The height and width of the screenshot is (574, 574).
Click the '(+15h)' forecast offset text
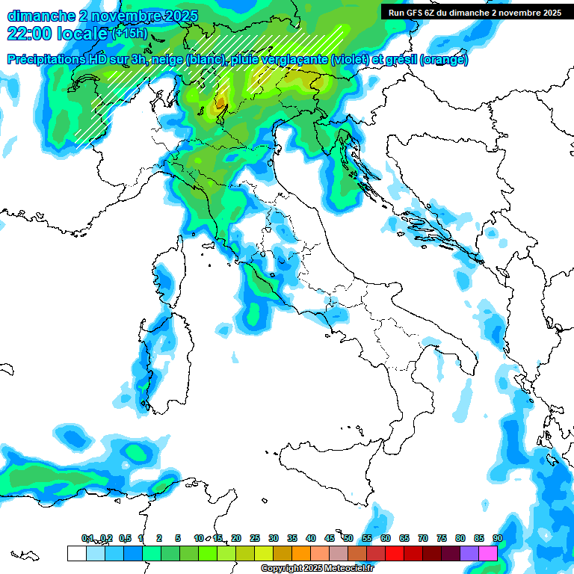[129, 32]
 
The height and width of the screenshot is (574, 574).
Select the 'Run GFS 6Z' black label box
[475, 12]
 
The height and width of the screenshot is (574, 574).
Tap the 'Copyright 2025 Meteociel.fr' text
[317, 569]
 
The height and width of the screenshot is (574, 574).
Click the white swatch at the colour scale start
[76, 553]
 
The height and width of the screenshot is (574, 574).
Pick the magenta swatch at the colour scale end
[488, 553]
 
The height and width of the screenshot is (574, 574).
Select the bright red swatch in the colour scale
[395, 553]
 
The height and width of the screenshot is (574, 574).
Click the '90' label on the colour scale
[497, 538]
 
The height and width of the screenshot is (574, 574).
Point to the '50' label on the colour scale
[348, 538]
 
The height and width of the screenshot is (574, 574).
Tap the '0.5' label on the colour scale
[124, 538]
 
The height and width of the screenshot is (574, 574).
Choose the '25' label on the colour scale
[255, 538]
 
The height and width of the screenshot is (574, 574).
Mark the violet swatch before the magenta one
[469, 553]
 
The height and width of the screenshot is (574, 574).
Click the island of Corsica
[167, 277]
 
